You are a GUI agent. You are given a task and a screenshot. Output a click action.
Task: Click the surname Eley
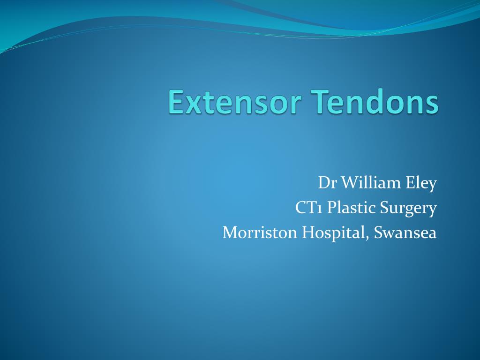(419, 183)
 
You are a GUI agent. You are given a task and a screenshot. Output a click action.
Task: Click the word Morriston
(260, 232)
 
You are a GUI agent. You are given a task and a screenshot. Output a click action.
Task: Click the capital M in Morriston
(231, 232)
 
